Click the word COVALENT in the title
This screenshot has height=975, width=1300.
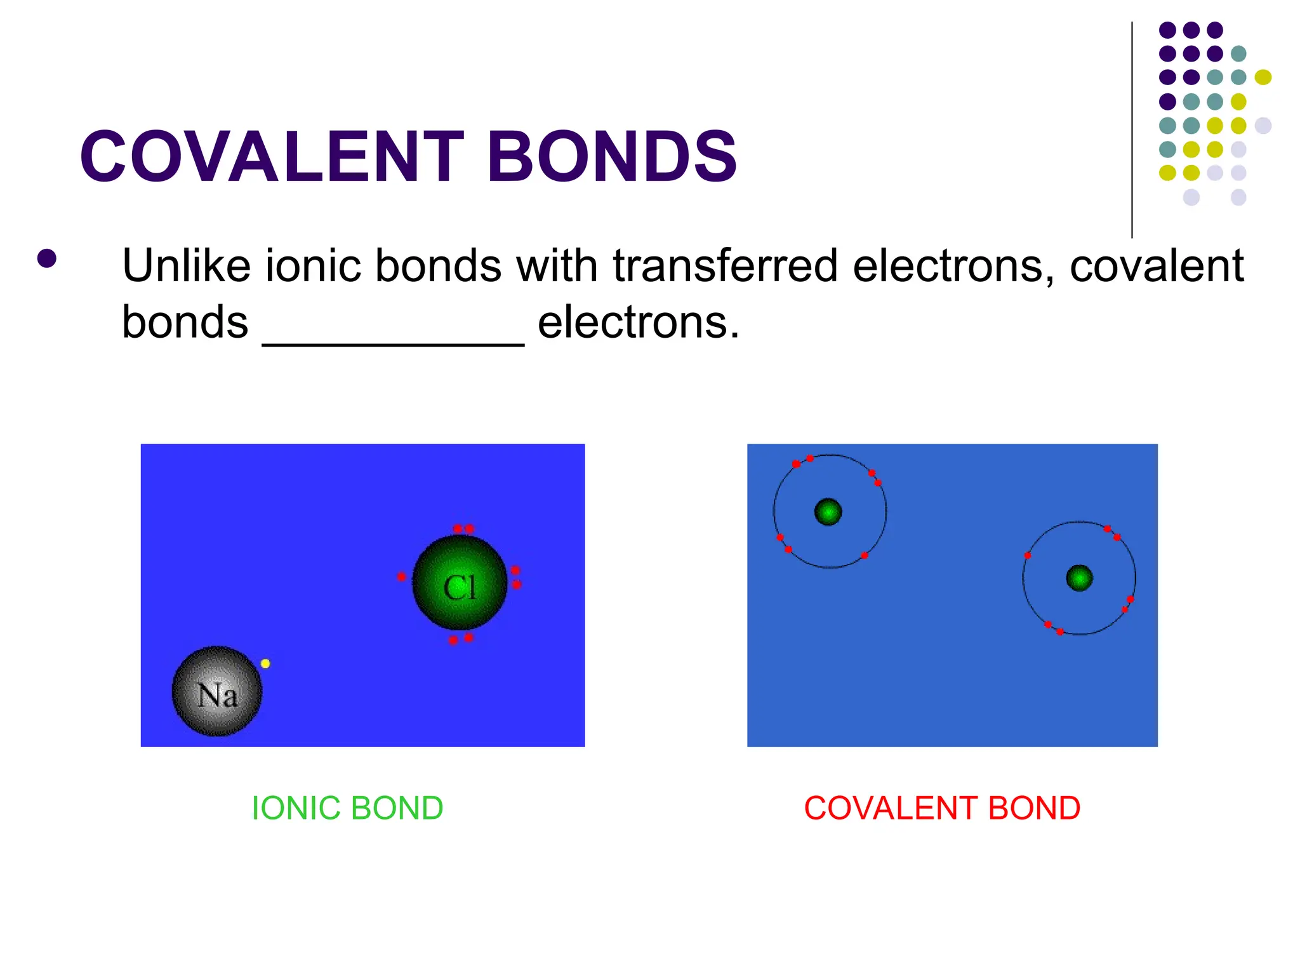click(x=273, y=156)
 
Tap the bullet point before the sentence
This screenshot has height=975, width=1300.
click(x=47, y=258)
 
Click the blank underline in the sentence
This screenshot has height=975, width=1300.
click(x=393, y=343)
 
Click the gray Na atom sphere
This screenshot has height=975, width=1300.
click(x=217, y=691)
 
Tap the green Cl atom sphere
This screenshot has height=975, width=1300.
click(x=460, y=583)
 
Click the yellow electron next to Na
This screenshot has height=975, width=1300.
click(x=265, y=663)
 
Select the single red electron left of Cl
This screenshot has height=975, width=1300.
click(x=401, y=576)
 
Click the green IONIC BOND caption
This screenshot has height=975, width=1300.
click(x=347, y=808)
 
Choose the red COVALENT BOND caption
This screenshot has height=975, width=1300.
click(x=942, y=808)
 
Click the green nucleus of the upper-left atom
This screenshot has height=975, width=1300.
click(x=828, y=512)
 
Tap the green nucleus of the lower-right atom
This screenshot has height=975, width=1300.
click(x=1079, y=578)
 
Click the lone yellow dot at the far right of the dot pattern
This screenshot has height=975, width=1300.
click(x=1263, y=77)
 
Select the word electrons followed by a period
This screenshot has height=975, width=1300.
click(x=638, y=322)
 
